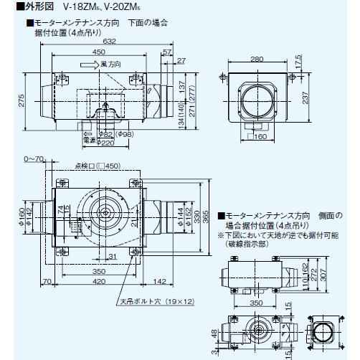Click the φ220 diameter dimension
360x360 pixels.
tap(106, 143)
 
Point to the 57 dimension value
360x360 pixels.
tap(166, 53)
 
